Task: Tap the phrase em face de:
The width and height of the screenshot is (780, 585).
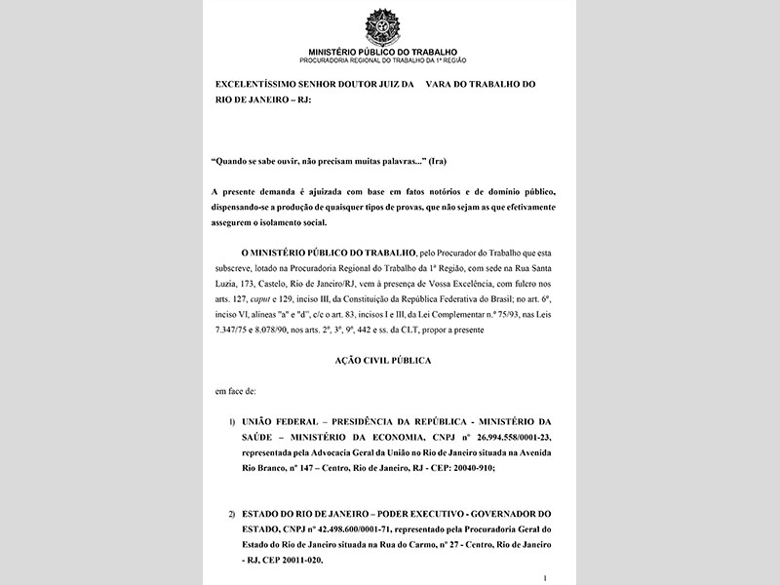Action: [236, 390]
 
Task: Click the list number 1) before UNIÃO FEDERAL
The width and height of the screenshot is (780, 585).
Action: [232, 422]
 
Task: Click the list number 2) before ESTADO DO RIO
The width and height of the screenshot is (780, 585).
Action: [232, 514]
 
